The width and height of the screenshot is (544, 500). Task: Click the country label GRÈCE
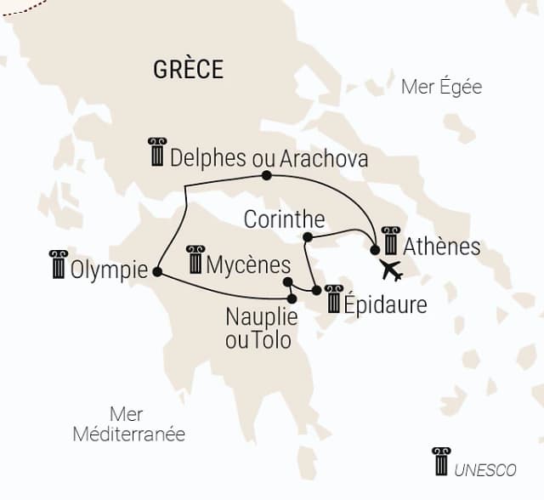(189, 70)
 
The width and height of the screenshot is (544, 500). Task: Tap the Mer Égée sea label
(441, 87)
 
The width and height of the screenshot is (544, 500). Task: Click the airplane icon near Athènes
(391, 270)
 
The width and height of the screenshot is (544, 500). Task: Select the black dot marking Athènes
(375, 250)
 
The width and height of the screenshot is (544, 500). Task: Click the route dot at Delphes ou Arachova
(266, 175)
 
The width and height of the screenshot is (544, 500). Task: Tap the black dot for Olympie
(156, 271)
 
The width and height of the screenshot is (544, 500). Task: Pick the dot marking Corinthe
(308, 236)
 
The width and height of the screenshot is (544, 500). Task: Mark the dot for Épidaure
(316, 290)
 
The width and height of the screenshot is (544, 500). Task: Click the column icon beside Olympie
(58, 264)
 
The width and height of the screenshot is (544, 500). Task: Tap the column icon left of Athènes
(390, 241)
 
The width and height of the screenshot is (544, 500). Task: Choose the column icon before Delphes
(157, 152)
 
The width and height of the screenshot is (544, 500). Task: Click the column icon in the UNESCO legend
(441, 462)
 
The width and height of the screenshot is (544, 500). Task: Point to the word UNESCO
(485, 469)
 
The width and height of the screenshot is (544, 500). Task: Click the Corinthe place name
(278, 219)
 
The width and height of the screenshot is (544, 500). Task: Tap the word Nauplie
(261, 318)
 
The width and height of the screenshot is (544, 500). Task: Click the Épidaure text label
(385, 304)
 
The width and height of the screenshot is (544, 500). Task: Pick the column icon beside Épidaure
(333, 298)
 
